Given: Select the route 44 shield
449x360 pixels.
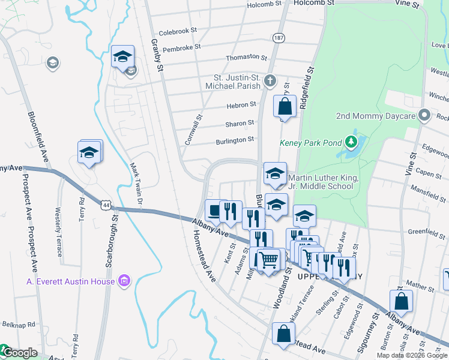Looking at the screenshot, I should tap(106, 205).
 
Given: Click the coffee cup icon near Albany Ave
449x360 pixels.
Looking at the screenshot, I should tap(214, 211).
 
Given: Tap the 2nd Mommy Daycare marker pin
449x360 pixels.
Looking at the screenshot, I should tap(425, 115).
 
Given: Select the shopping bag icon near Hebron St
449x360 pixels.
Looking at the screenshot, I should tap(285, 107).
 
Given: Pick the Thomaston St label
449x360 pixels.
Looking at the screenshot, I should tap(246, 58).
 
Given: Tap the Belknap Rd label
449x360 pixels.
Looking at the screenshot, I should tap(18, 324).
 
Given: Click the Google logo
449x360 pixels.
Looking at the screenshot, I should tap(19, 353).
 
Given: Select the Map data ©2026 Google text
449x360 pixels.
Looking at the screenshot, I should tap(411, 355).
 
